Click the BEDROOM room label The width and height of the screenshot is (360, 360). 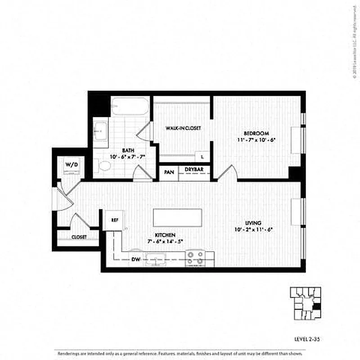tap(256, 133)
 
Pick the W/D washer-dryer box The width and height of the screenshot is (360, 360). tap(72, 165)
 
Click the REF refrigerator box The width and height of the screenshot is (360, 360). tap(115, 220)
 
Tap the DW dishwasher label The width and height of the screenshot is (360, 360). tap(135, 259)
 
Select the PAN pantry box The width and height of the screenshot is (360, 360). tap(169, 172)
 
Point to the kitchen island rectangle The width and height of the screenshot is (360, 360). tap(176, 218)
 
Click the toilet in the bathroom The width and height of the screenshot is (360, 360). tap(104, 166)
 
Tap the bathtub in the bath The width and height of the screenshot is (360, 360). tap(130, 106)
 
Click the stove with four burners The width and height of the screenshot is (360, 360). tap(195, 258)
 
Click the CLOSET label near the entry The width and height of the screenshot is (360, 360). tap(79, 237)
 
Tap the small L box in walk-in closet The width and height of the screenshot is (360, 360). tap(202, 156)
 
